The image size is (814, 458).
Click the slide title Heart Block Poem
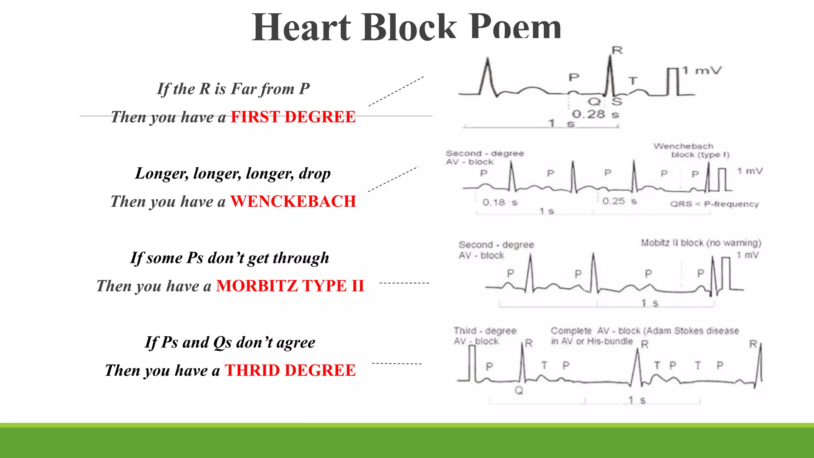point(406,27)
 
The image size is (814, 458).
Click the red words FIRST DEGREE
point(293,117)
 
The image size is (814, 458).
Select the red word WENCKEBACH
point(293,202)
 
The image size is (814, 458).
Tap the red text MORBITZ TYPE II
point(290,286)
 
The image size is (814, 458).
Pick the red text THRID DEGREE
point(290,371)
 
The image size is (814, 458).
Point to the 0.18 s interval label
point(500,203)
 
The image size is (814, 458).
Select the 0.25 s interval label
point(619,201)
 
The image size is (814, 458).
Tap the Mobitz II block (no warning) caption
point(701,243)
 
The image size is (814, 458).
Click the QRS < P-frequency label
point(714,204)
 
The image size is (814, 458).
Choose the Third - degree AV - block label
point(485,336)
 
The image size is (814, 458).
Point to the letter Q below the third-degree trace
point(519,390)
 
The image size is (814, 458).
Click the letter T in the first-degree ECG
point(632,81)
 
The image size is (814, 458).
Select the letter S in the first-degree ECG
point(616,102)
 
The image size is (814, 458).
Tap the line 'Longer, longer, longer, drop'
point(233,173)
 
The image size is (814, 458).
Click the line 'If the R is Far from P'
point(233,89)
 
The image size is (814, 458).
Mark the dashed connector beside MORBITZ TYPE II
point(404,283)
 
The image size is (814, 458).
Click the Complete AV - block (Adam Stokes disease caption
point(644,331)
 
